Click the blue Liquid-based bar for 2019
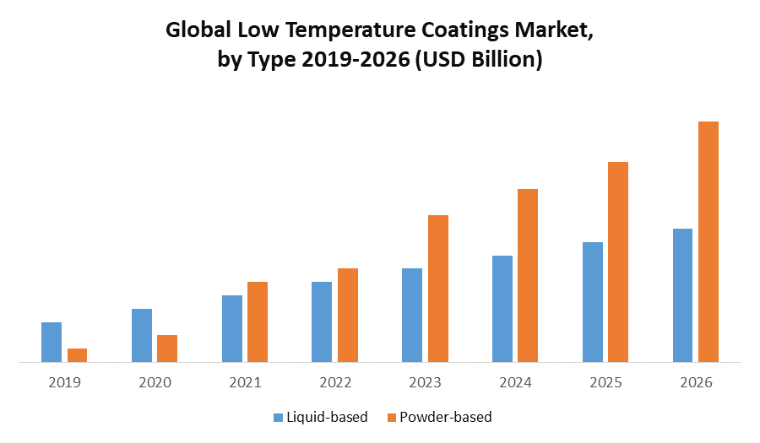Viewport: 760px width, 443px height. click(x=52, y=342)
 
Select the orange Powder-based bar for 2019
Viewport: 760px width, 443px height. click(x=77, y=355)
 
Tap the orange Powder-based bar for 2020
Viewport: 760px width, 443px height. click(x=167, y=348)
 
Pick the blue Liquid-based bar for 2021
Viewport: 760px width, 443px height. click(x=232, y=328)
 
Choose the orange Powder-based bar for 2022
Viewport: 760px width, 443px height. click(x=348, y=315)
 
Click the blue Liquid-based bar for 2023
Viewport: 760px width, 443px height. click(x=412, y=315)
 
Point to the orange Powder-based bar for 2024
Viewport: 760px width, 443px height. click(x=528, y=275)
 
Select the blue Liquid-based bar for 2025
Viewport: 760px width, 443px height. click(x=593, y=302)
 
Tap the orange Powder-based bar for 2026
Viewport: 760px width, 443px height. click(x=708, y=241)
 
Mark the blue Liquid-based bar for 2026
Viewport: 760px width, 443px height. click(x=682, y=295)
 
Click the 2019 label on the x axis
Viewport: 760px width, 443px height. click(x=64, y=382)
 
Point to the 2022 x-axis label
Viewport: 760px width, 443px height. click(x=335, y=382)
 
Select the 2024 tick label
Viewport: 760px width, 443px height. click(x=515, y=382)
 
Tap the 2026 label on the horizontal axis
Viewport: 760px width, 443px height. click(x=696, y=382)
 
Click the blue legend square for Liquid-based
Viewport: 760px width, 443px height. click(x=278, y=417)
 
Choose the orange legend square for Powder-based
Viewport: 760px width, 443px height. click(x=391, y=417)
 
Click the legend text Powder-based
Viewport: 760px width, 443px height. click(x=446, y=417)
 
